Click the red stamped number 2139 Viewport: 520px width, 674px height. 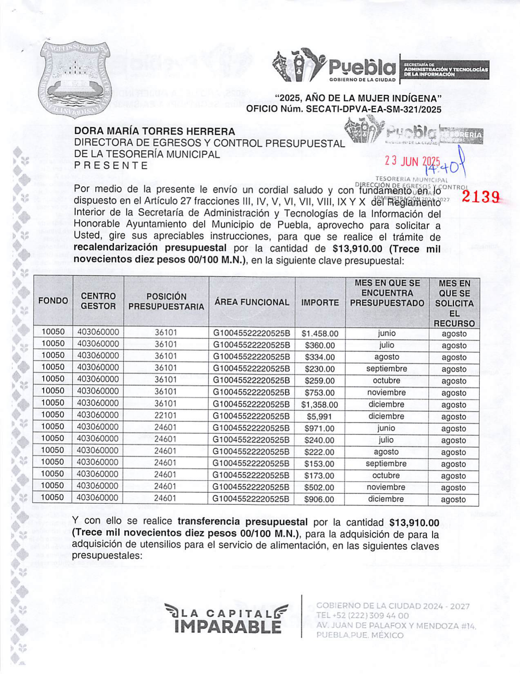[x=481, y=197]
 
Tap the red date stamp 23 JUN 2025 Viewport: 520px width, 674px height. [x=412, y=161]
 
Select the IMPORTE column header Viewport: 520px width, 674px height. [x=320, y=303]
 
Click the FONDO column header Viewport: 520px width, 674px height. [x=53, y=301]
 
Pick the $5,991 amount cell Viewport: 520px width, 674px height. [x=320, y=417]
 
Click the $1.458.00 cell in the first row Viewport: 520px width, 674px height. [x=320, y=334]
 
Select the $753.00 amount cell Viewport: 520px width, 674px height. [x=320, y=393]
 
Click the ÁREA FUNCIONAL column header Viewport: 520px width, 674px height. [x=252, y=302]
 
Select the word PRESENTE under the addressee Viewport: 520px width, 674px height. [x=111, y=165]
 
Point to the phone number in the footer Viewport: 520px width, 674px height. [x=362, y=616]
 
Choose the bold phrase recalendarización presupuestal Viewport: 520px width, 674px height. [x=150, y=248]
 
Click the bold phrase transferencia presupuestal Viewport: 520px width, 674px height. [x=242, y=522]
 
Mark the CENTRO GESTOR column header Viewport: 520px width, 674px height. [x=98, y=301]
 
